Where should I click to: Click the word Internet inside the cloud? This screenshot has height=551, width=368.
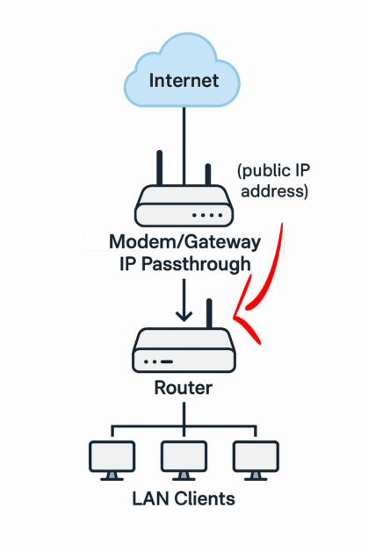pos(184,81)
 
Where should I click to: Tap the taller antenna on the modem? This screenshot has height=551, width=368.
pos(159,168)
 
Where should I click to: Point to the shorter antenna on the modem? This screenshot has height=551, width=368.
pos(208,175)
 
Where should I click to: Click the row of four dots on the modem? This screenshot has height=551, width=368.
pos(207,215)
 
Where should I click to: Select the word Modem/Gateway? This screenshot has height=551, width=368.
pos(184,242)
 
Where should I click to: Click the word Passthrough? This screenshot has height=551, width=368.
pos(196,264)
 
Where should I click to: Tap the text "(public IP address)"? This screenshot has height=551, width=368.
pos(274,181)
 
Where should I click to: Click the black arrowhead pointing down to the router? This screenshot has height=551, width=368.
pos(184,315)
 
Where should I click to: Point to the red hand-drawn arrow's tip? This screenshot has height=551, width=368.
pos(235,318)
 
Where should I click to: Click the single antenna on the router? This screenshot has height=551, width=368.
pos(209,313)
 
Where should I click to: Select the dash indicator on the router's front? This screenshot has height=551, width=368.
pos(167,361)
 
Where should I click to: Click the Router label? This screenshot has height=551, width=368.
pos(184,388)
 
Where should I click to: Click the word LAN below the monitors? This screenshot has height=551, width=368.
pos(151,499)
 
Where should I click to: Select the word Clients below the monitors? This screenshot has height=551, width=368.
pos(205,499)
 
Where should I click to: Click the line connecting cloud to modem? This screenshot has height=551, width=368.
pos(184,146)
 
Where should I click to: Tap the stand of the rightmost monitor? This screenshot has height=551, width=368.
pos(256,476)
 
